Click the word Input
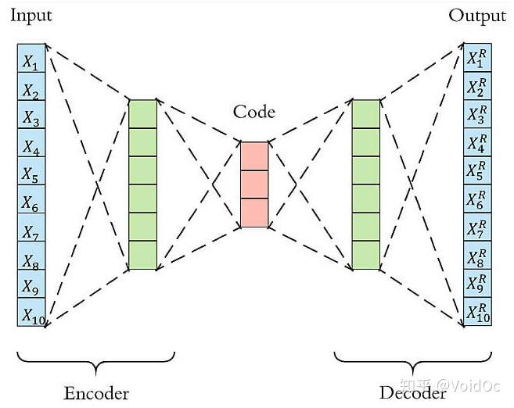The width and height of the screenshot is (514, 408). [31, 16]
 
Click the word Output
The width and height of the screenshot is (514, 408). [477, 16]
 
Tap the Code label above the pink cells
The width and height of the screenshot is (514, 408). [254, 112]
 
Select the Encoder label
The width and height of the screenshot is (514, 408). [96, 393]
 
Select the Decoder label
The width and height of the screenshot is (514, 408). [413, 393]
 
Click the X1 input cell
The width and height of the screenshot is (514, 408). [31, 59]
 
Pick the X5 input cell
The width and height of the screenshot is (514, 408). [31, 171]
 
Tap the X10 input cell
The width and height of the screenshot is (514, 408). [31, 312]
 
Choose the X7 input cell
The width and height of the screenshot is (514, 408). [31, 227]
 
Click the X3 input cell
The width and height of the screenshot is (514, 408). [31, 115]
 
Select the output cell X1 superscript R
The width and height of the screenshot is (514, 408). [477, 58]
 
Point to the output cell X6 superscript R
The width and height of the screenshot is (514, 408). [477, 199]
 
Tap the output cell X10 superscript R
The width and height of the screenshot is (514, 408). [477, 311]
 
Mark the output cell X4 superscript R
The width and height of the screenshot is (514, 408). [477, 142]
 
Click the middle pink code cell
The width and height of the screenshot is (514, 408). [254, 184]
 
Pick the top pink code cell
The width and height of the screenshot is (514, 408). [254, 156]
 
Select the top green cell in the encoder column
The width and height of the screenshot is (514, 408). [143, 114]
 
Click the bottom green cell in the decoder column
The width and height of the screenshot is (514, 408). [366, 255]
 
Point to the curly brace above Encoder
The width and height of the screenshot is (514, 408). [95, 362]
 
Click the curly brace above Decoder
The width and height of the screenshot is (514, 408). [413, 362]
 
